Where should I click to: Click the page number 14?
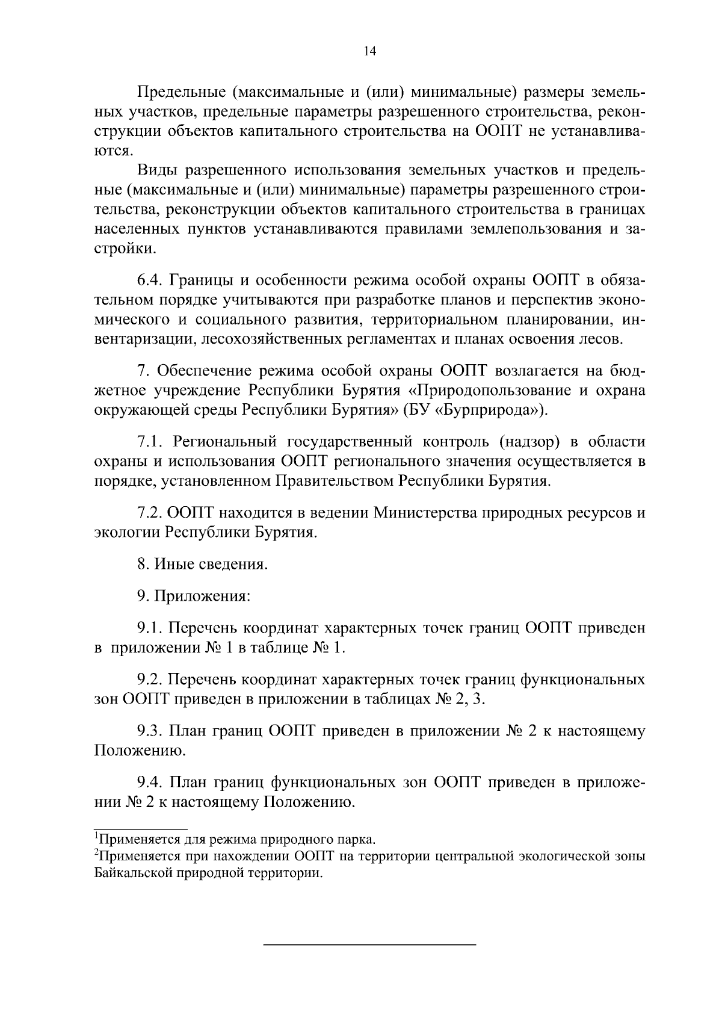(x=369, y=52)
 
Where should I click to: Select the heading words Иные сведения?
(x=211, y=565)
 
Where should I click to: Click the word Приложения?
(x=202, y=596)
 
